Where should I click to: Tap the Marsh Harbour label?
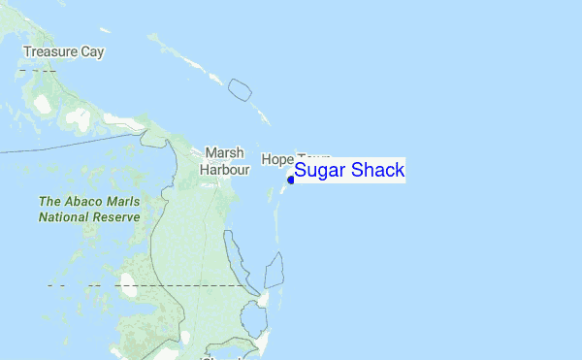[x=225, y=161]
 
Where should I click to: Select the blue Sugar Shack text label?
[x=349, y=171]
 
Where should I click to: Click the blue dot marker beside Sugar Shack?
[x=291, y=179]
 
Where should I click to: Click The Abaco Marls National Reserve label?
[x=89, y=210]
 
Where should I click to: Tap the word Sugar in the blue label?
[x=320, y=171]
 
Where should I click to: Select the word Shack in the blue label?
[x=377, y=171]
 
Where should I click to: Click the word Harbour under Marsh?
[x=225, y=170]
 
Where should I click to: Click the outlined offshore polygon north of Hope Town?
[x=240, y=90]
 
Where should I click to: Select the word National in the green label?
[x=65, y=217]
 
